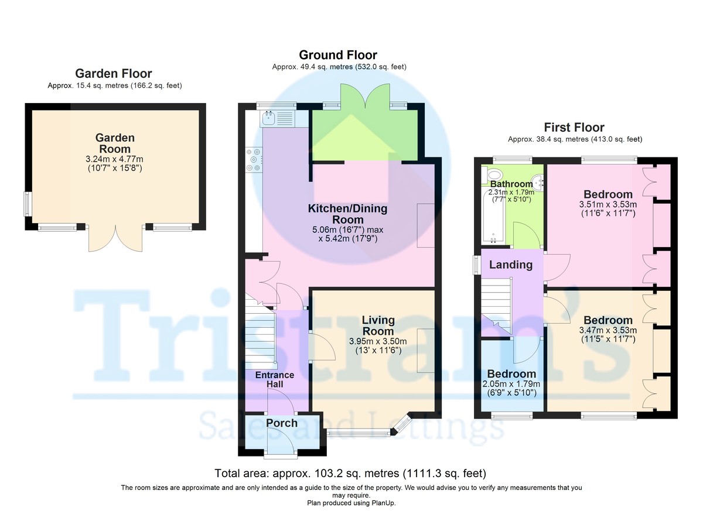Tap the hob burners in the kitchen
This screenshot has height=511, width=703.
pyautogui.click(x=254, y=160)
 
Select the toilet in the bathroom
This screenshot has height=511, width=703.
pyautogui.click(x=493, y=175)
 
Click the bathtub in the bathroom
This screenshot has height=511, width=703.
pyautogui.click(x=493, y=217)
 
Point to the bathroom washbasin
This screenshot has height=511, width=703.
pyautogui.click(x=538, y=183)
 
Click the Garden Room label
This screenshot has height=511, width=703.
pyautogui.click(x=115, y=143)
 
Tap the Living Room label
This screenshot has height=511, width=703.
pyautogui.click(x=378, y=325)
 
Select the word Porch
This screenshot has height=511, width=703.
pyautogui.click(x=282, y=423)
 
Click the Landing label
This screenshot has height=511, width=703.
pyautogui.click(x=511, y=265)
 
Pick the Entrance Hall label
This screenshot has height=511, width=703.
pyautogui.click(x=275, y=379)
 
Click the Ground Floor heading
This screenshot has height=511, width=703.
pyautogui.click(x=338, y=55)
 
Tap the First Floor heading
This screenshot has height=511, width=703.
pyautogui.click(x=574, y=127)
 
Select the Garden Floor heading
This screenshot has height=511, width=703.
pyautogui.click(x=114, y=73)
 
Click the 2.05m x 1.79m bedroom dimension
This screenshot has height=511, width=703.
pyautogui.click(x=511, y=384)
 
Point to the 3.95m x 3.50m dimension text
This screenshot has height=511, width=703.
pyautogui.click(x=378, y=341)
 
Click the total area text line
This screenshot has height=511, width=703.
pyautogui.click(x=350, y=473)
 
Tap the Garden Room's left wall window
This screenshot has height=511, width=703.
pyautogui.click(x=28, y=204)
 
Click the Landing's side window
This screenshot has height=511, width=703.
pyautogui.click(x=477, y=265)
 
